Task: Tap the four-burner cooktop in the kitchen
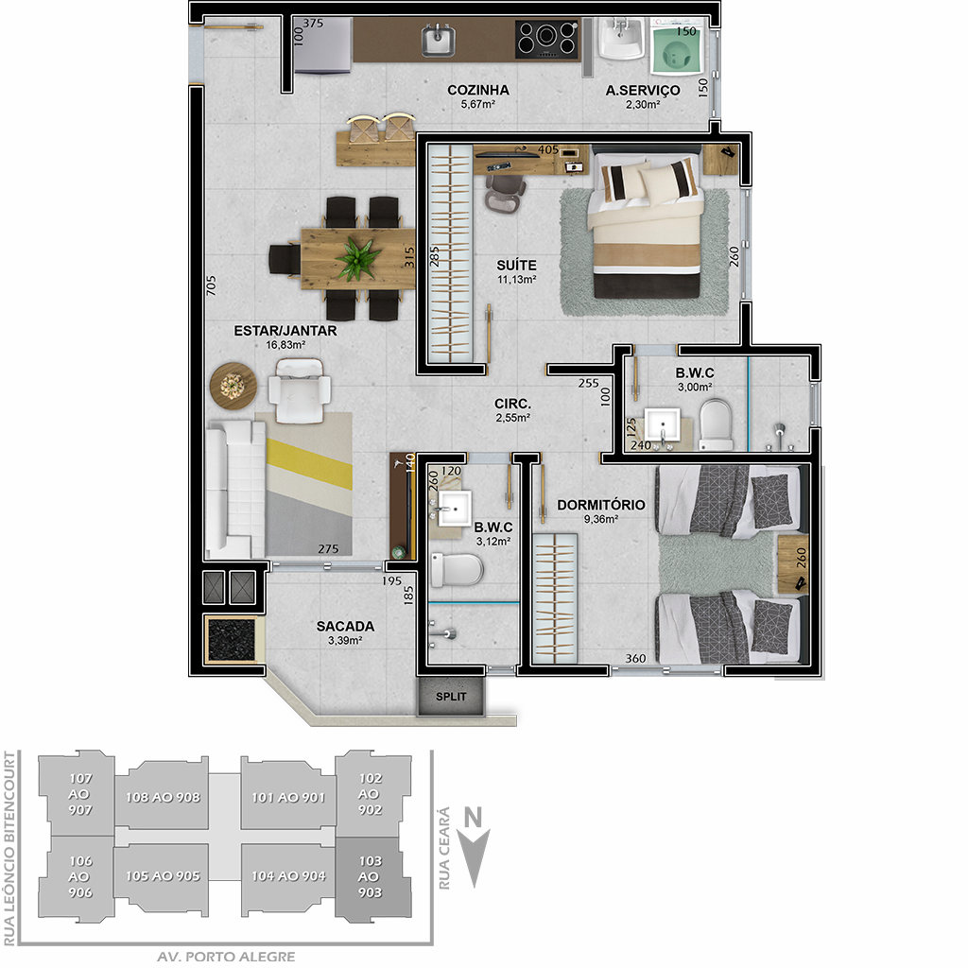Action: click(547, 40)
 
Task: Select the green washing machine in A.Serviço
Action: click(675, 47)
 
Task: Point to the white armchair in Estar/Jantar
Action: click(300, 390)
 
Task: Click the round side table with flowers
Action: click(233, 386)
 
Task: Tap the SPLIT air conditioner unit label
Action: click(451, 697)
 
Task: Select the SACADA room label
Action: click(345, 626)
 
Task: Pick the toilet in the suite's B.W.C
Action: click(717, 424)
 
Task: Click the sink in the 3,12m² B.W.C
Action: click(455, 508)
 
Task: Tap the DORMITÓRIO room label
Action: click(600, 505)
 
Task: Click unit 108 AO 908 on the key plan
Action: click(163, 797)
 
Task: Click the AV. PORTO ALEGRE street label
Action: click(225, 957)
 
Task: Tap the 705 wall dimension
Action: click(211, 285)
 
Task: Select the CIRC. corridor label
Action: click(512, 404)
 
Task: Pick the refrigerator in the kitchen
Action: click(323, 45)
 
